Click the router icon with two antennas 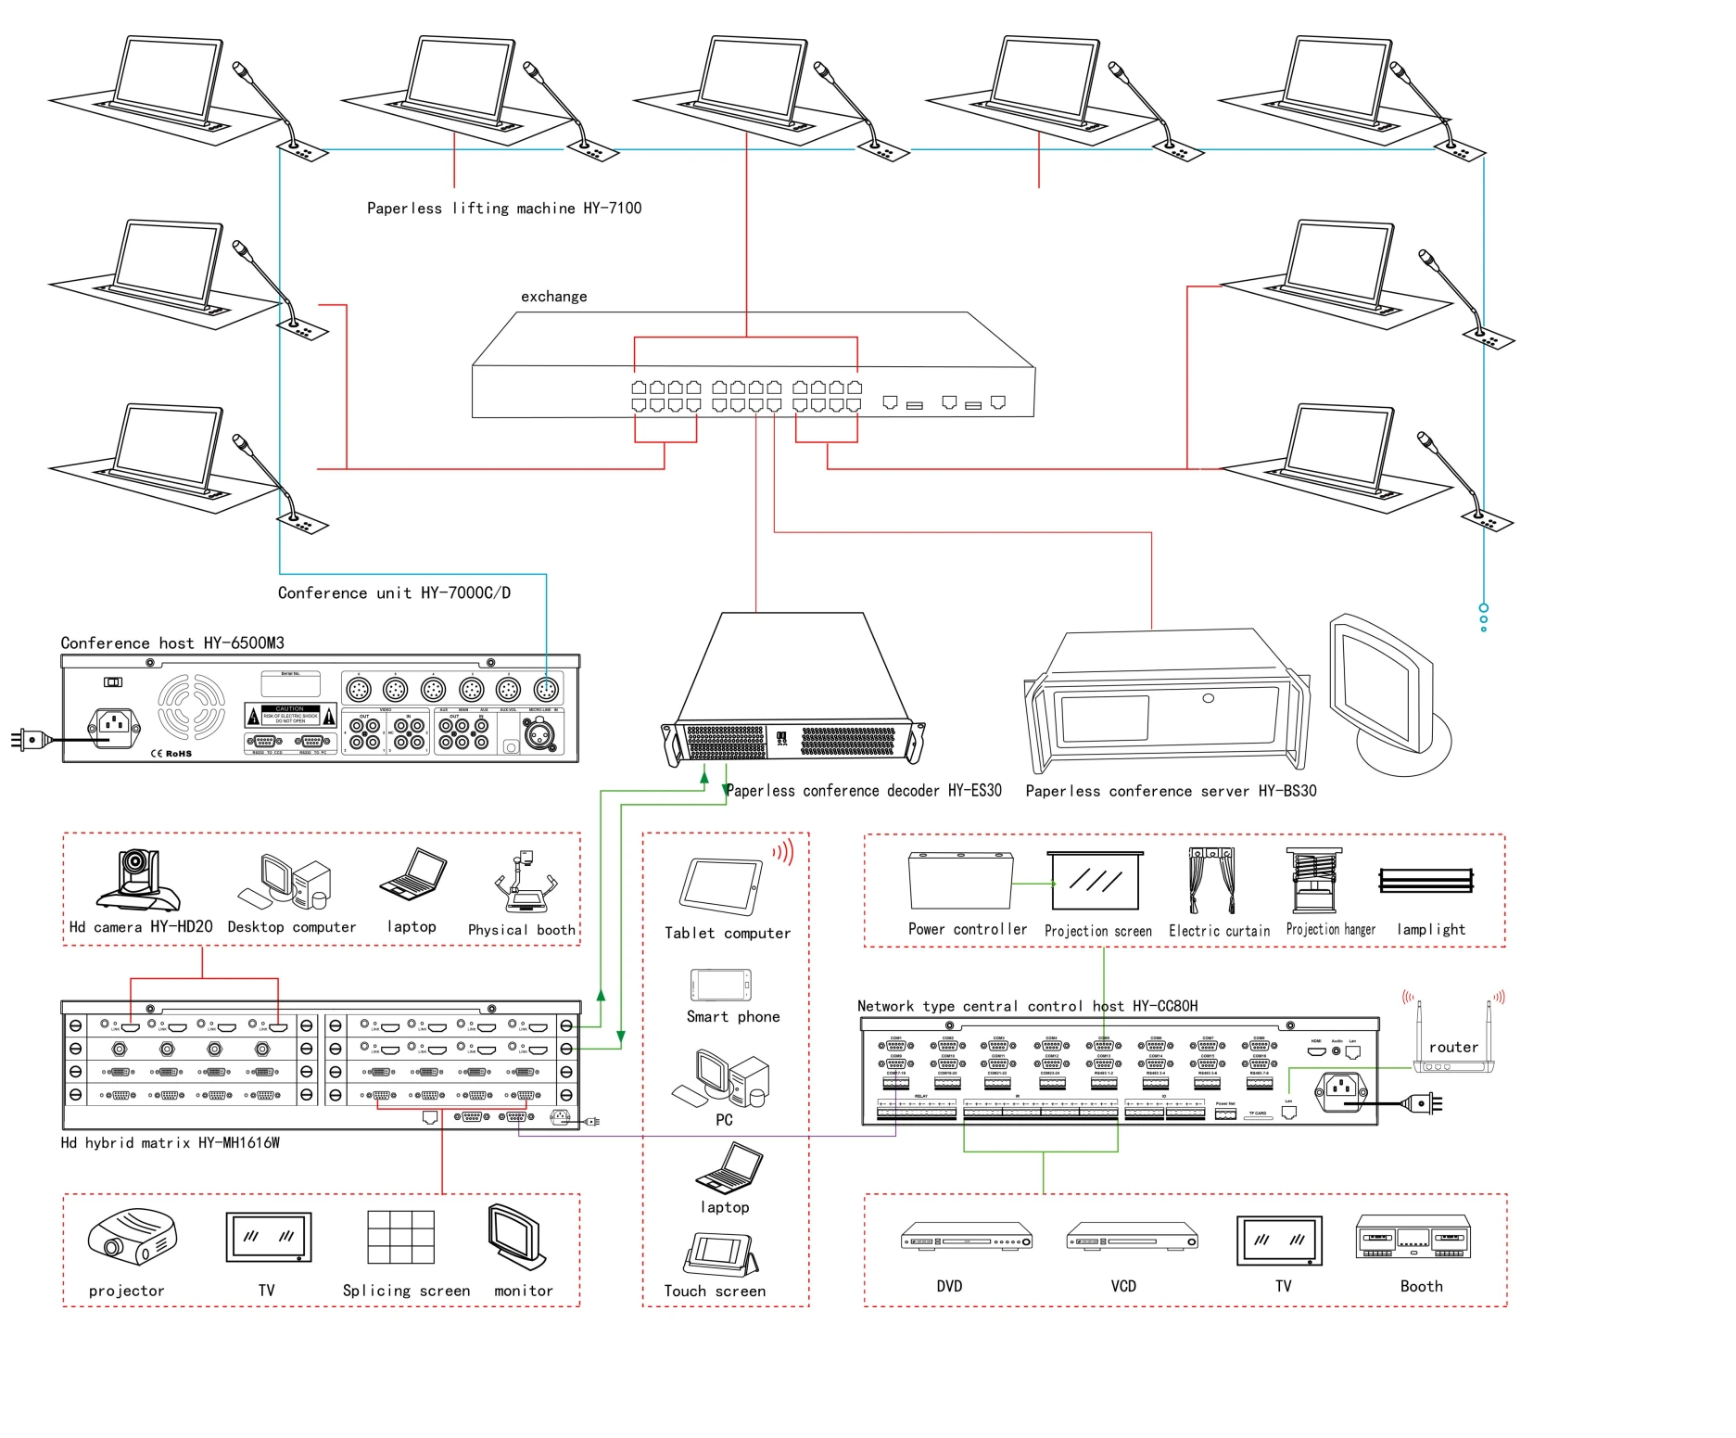click(x=1452, y=1043)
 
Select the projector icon click(x=132, y=1237)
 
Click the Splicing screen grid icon click(x=400, y=1237)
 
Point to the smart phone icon click(x=720, y=985)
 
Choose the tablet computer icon click(x=720, y=887)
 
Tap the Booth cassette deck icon click(x=1413, y=1237)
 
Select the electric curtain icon click(x=1211, y=880)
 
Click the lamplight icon click(x=1426, y=880)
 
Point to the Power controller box click(x=959, y=881)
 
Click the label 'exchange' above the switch click(x=553, y=297)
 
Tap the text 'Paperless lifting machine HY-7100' click(x=503, y=209)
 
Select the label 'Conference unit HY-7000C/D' click(x=394, y=593)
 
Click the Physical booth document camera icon click(x=526, y=883)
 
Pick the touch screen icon click(x=720, y=1254)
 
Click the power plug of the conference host click(x=28, y=739)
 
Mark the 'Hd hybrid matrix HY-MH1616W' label click(x=170, y=1143)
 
